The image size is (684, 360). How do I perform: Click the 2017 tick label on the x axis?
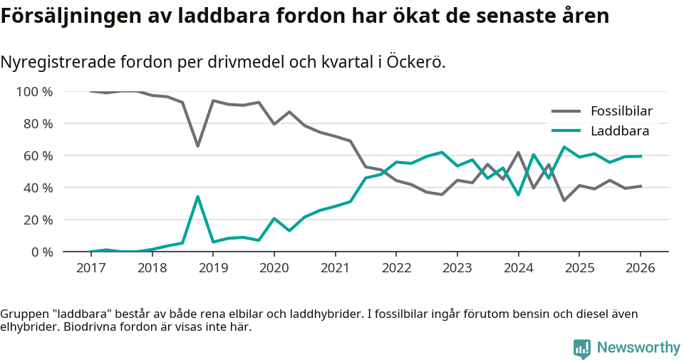(x=90, y=268)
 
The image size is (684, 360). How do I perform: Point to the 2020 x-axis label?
(x=274, y=268)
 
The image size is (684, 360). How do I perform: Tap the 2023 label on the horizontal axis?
(x=457, y=268)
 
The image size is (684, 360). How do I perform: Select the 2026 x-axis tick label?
(x=640, y=268)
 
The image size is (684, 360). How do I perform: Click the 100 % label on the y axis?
(x=34, y=92)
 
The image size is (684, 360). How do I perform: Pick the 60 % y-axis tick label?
(x=37, y=156)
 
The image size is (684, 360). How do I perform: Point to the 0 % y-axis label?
(x=41, y=252)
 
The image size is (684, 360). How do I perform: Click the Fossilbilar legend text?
(x=621, y=111)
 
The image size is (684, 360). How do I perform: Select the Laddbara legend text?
(x=619, y=131)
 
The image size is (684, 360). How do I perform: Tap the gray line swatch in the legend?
(x=566, y=111)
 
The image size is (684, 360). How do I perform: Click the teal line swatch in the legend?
(x=566, y=131)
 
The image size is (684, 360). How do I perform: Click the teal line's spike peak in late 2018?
(x=197, y=197)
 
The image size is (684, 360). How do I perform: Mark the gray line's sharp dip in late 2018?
(x=197, y=146)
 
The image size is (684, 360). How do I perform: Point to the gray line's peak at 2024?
(x=518, y=153)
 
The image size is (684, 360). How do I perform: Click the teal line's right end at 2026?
(x=640, y=156)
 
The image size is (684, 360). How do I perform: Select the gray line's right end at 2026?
(x=640, y=186)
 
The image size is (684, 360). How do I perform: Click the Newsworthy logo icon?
(x=582, y=348)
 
